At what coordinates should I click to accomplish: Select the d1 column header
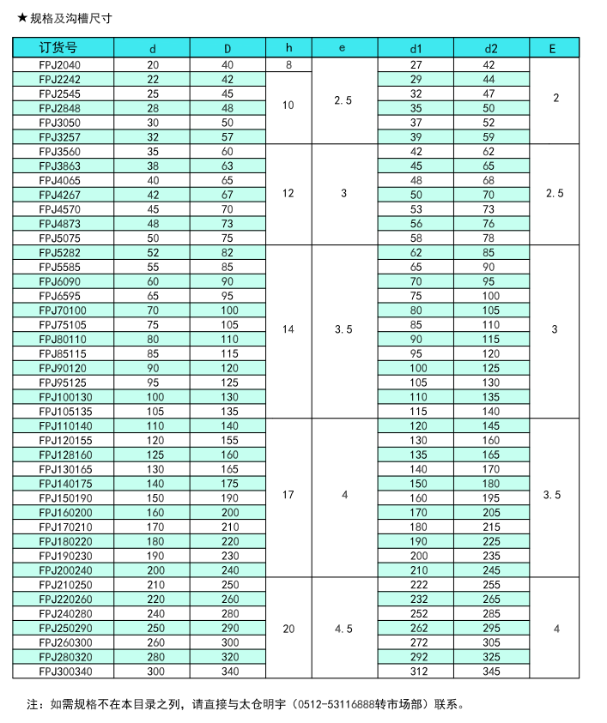416,48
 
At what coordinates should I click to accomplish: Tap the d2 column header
490,48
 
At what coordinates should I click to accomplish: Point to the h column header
288,48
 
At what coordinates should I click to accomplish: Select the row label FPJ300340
64,672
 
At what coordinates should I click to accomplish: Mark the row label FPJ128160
64,455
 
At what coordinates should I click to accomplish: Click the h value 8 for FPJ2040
288,64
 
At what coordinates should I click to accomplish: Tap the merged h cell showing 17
288,496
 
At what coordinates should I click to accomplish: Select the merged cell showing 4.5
343,629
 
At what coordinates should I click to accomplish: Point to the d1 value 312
416,672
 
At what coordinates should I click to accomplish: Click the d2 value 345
490,672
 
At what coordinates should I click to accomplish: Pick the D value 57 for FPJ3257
227,136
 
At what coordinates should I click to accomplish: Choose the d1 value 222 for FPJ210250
416,585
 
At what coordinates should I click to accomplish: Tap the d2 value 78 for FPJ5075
490,238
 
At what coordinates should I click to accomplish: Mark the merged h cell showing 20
288,629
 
